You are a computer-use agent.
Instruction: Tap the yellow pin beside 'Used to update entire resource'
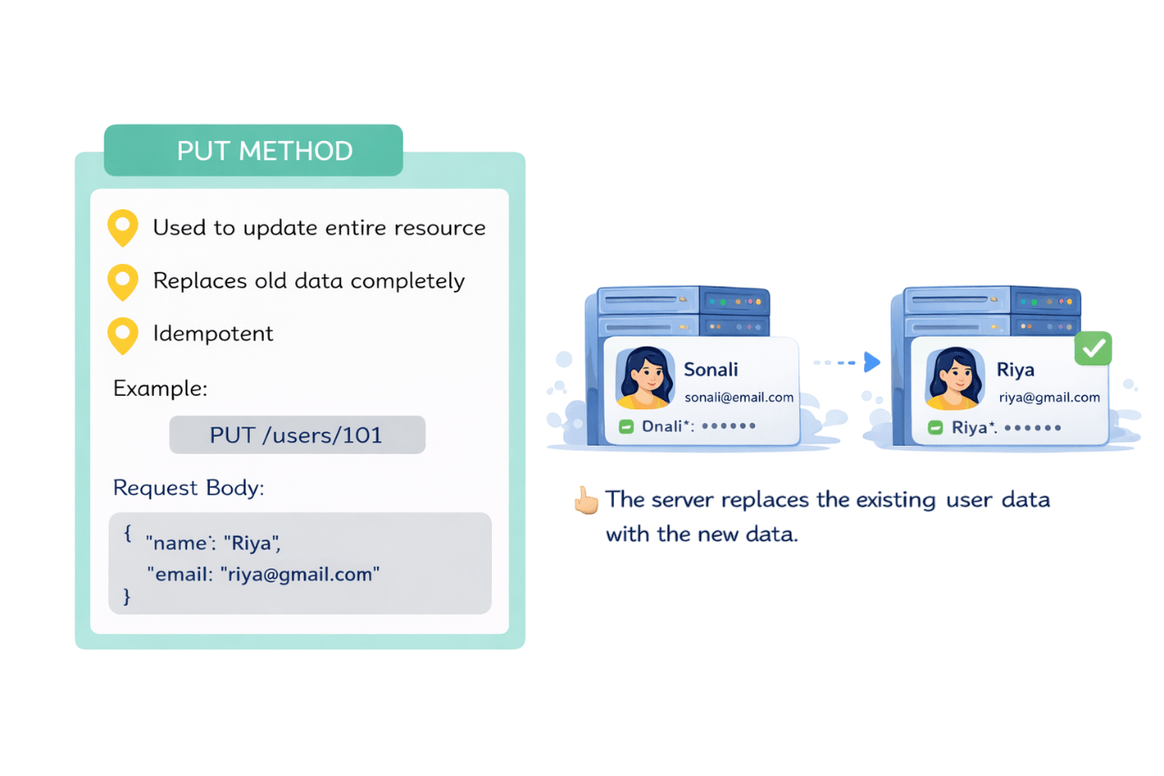123,227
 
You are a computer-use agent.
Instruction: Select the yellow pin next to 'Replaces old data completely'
123,281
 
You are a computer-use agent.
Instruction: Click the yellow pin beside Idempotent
123,335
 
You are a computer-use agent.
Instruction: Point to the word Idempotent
213,334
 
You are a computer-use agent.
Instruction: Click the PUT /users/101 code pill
296,435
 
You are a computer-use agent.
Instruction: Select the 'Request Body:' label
188,488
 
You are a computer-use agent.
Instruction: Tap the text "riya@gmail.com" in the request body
300,575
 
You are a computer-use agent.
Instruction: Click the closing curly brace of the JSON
127,597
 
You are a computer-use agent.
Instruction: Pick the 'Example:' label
160,389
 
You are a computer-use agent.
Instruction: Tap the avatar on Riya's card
954,378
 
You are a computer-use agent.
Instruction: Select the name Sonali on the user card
710,369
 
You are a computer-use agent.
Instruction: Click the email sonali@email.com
738,398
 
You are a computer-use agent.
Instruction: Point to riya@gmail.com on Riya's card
1049,398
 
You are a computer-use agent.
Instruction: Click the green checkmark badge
1092,348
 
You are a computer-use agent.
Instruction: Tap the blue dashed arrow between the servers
847,363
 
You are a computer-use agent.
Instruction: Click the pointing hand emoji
586,500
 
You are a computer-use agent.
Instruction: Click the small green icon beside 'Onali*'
626,427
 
